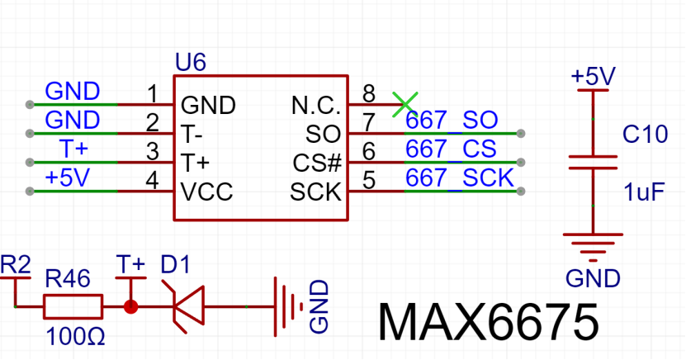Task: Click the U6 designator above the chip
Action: pos(191,62)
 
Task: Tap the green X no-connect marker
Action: pos(405,105)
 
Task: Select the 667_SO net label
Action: pos(452,121)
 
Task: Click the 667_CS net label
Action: pos(451,149)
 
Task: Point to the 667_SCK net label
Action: pos(459,178)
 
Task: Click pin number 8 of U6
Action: pos(369,93)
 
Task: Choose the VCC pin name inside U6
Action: pos(206,192)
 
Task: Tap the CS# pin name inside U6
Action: pos(317,163)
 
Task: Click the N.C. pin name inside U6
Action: pos(316,106)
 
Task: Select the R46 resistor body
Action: pos(73,306)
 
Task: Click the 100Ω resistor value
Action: pos(75,337)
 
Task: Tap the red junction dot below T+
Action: pos(130,306)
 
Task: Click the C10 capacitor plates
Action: pos(593,163)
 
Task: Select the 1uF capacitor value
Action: pos(644,192)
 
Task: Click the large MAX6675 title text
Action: pos(488,322)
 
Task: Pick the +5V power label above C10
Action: pos(594,77)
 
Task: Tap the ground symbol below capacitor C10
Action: pos(593,247)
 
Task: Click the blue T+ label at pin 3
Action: pos(73,149)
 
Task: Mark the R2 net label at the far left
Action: pos(16,265)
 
